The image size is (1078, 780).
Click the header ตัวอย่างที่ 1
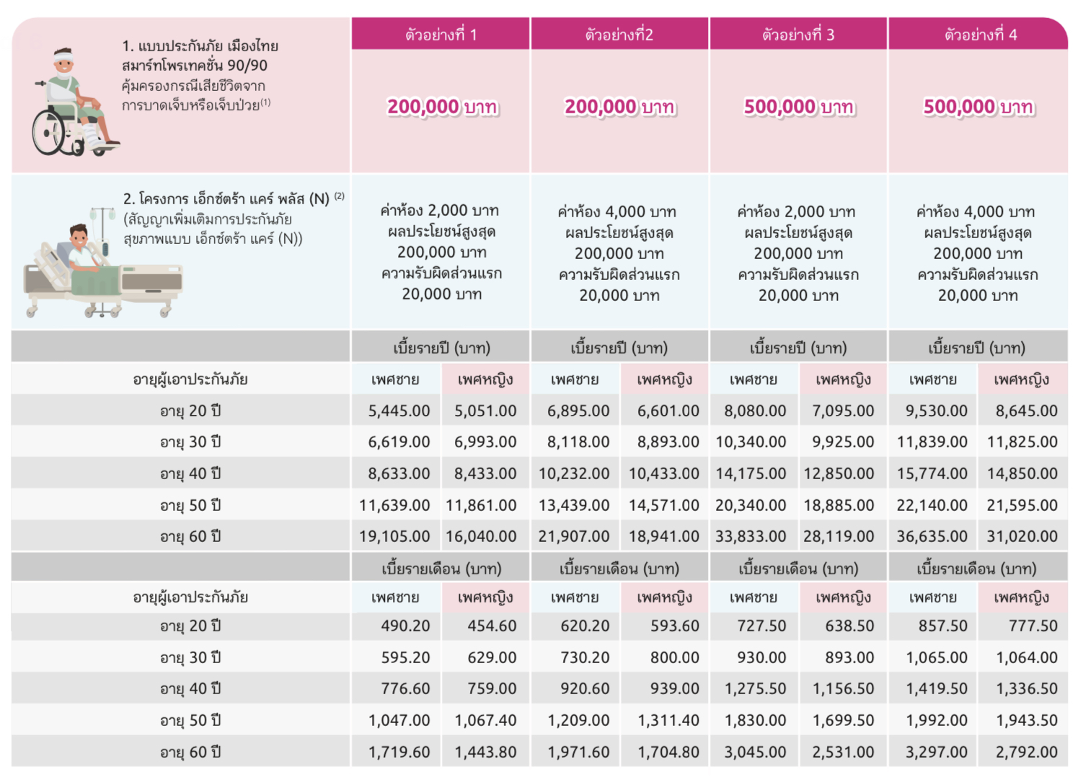point(441,35)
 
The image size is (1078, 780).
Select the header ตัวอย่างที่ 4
point(980,35)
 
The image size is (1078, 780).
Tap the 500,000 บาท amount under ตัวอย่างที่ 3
point(798,108)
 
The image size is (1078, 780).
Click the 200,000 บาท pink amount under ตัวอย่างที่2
point(619,108)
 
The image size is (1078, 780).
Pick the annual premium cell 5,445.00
point(399,411)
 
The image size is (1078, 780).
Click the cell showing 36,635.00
point(932,537)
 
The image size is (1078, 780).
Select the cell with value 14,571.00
point(663,506)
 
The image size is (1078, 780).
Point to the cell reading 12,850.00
point(839,474)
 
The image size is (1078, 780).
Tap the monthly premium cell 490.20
point(405,626)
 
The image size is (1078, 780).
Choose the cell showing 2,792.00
point(1026,753)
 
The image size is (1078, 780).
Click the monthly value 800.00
point(674,658)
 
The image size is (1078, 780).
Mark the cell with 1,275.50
point(755,689)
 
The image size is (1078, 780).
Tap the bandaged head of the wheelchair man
point(64,58)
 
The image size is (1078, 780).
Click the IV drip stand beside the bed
point(103,238)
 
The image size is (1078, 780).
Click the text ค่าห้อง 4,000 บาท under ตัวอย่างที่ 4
point(975,212)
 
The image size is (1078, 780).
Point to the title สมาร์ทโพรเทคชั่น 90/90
point(194,66)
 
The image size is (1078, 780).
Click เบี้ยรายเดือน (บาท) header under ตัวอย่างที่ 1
point(441,569)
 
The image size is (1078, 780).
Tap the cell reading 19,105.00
point(394,537)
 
